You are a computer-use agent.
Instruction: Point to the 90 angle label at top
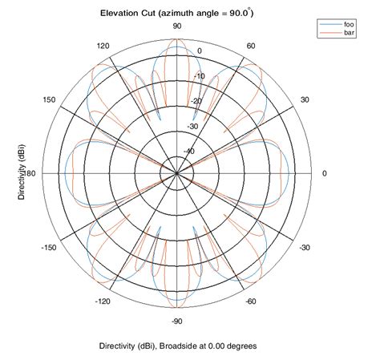tap(178, 26)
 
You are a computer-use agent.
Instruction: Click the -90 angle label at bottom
tap(178, 321)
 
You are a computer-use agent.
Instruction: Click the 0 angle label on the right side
tap(324, 173)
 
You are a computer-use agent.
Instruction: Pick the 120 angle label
tap(103, 46)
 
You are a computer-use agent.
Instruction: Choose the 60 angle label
tap(251, 46)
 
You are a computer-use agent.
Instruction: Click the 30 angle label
tap(305, 99)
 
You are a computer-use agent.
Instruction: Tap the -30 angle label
tap(305, 248)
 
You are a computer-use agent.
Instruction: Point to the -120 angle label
tap(102, 301)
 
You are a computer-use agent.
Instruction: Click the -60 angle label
tap(251, 301)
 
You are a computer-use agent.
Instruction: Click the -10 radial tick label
tap(200, 76)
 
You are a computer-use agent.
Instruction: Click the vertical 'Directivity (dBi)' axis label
tap(22, 173)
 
